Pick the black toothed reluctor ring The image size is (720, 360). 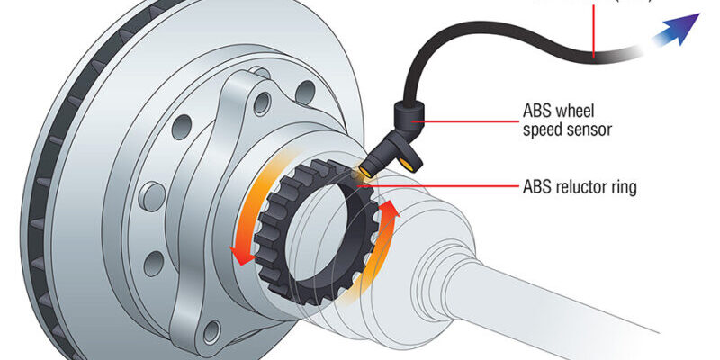click(270, 261)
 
